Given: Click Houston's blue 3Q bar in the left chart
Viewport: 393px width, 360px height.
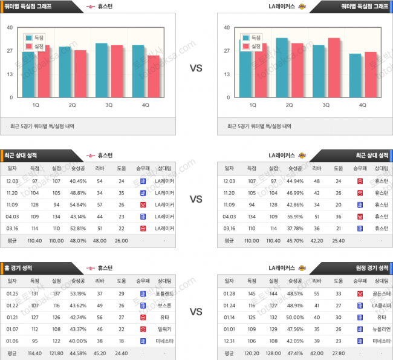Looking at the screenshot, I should click(102, 70).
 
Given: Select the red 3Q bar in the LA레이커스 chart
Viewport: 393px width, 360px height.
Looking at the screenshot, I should click(333, 68).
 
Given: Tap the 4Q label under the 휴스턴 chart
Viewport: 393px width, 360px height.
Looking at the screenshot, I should click(145, 105).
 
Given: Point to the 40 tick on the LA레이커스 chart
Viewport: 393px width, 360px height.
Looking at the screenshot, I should click(226, 27).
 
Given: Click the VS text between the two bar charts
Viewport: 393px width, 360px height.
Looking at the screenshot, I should click(196, 68).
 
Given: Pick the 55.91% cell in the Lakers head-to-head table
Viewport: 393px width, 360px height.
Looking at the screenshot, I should click(296, 217).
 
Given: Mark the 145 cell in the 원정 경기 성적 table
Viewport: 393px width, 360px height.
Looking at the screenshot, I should click(250, 293).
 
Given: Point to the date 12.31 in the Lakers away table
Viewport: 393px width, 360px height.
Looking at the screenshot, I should click(229, 340).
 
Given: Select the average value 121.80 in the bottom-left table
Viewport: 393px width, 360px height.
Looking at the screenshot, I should click(56, 352).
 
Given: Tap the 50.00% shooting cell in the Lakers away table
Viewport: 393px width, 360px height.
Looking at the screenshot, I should click(296, 316).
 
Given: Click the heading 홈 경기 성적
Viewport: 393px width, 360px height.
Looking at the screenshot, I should click(20, 267).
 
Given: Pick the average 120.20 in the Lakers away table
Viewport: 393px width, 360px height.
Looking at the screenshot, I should click(250, 352).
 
